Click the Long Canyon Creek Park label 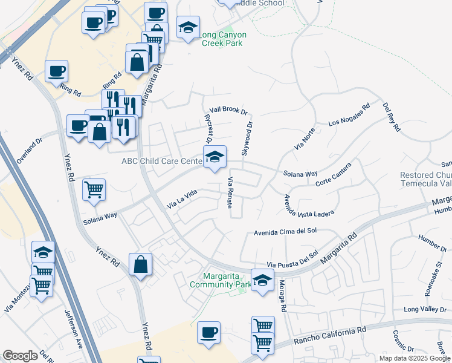pos(221,39)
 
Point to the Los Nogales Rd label pos(349,116)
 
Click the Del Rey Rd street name pos(392,117)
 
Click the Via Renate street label pos(230,192)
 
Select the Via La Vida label pos(182,197)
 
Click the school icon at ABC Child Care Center pos(215,157)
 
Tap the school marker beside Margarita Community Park pos(262,280)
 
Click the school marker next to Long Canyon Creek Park pos(188,27)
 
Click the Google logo pos(20,356)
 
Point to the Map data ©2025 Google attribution pos(414,358)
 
